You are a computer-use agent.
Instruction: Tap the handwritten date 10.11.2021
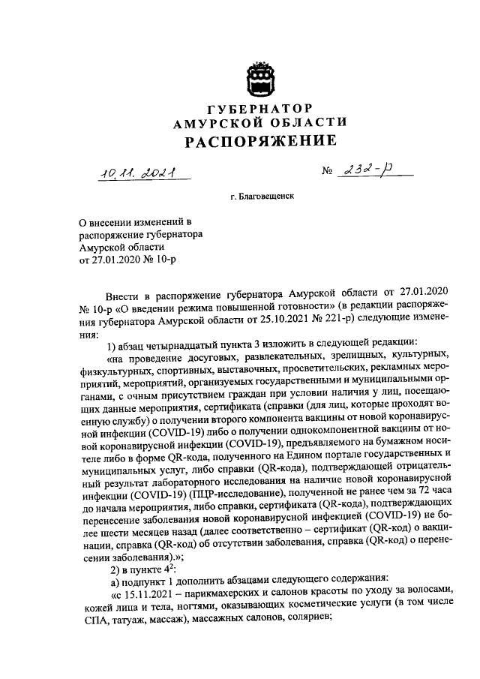pyautogui.click(x=136, y=174)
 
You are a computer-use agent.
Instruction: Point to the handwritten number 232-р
pyautogui.click(x=371, y=173)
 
